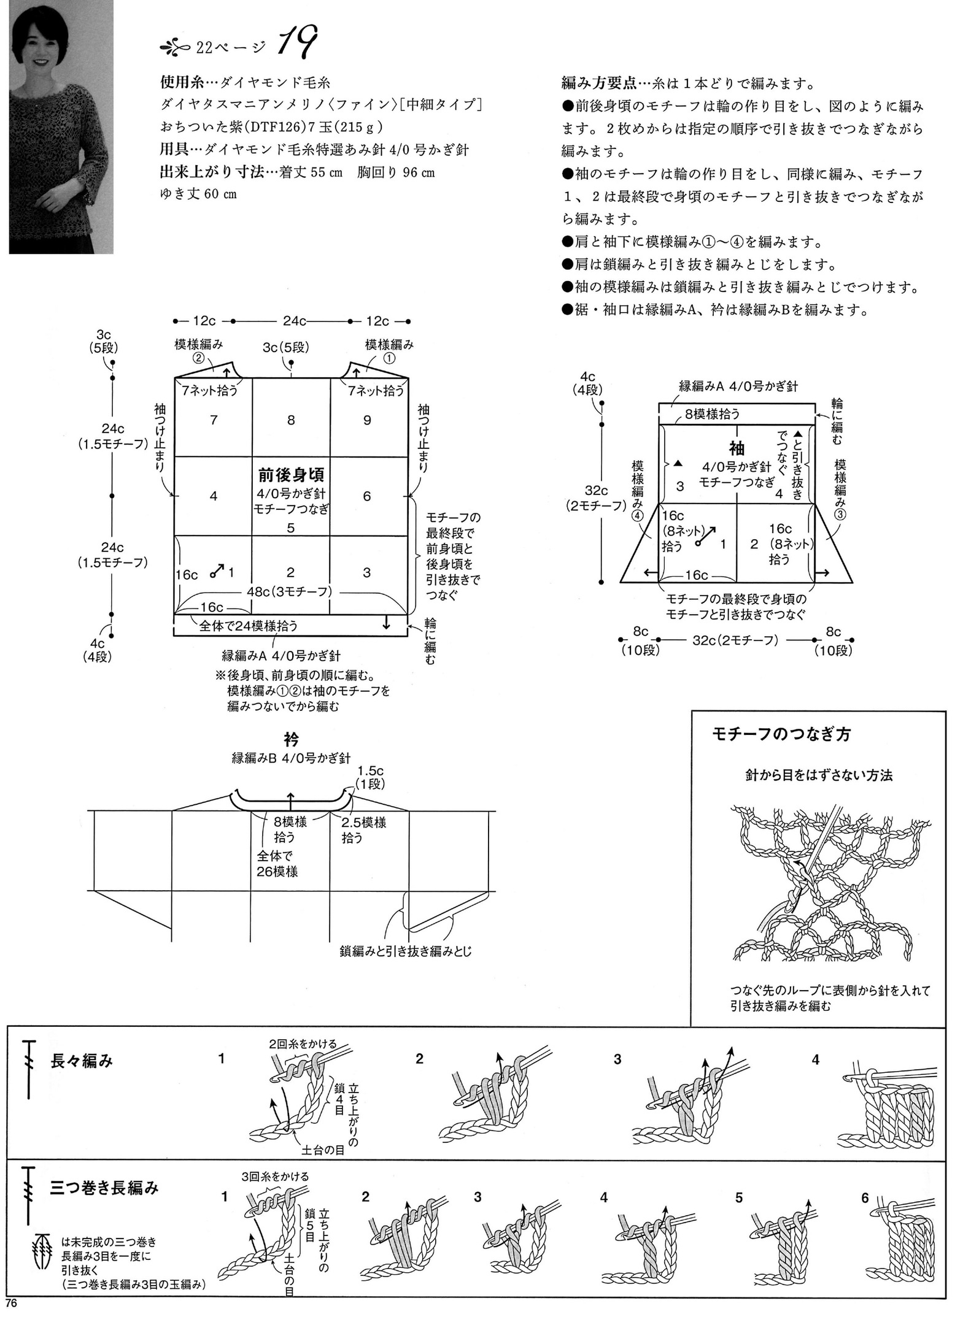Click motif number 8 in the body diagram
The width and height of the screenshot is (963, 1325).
pyautogui.click(x=291, y=420)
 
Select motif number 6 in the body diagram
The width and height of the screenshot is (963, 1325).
pyautogui.click(x=367, y=496)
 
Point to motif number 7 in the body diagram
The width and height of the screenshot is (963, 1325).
pyautogui.click(x=214, y=420)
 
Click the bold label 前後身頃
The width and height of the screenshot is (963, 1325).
pyautogui.click(x=291, y=475)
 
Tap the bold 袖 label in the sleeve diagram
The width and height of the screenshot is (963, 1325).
pyautogui.click(x=737, y=447)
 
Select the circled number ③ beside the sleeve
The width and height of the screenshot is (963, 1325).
pyautogui.click(x=840, y=515)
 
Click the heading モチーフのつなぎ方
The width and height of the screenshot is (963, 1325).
pyautogui.click(x=781, y=734)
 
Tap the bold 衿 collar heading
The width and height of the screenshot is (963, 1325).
pyautogui.click(x=291, y=739)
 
